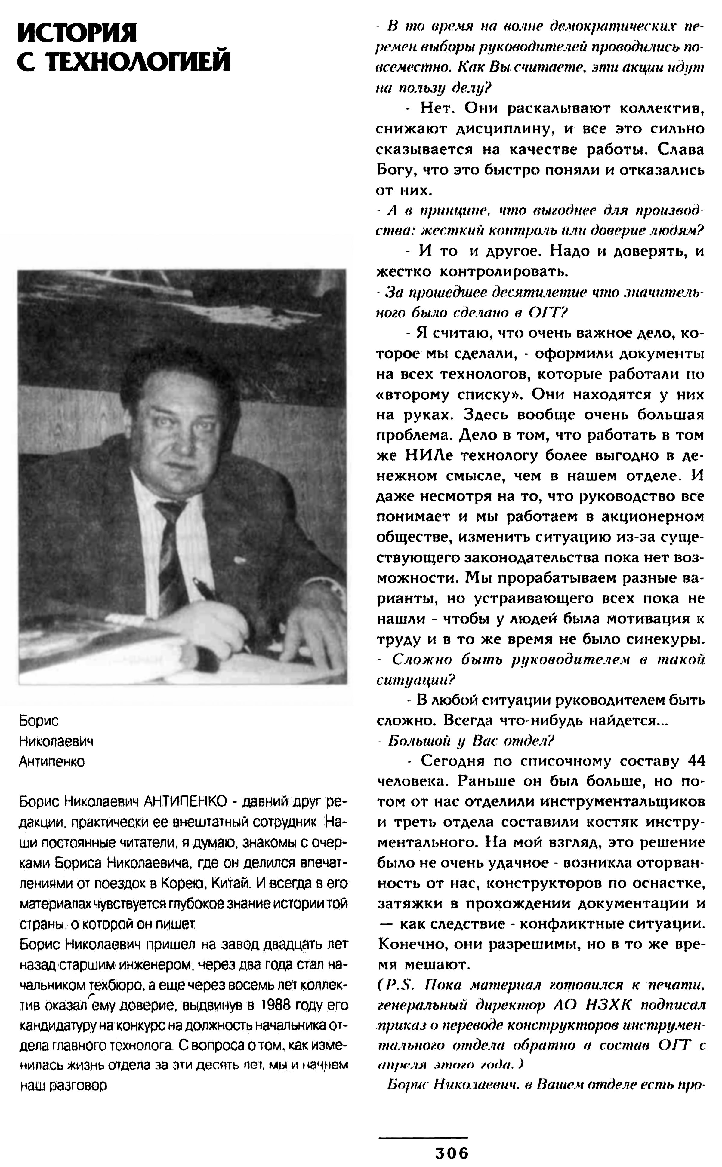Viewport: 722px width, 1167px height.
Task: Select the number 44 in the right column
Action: pos(696,761)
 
